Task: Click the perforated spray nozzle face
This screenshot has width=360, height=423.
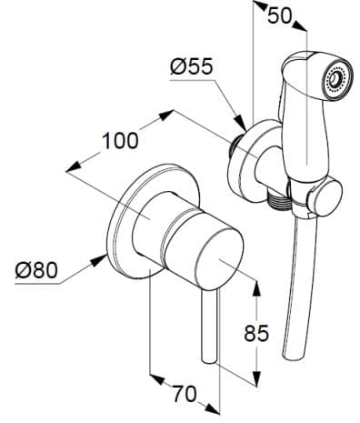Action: click(x=335, y=81)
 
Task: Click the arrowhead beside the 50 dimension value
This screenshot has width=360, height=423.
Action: click(x=258, y=9)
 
